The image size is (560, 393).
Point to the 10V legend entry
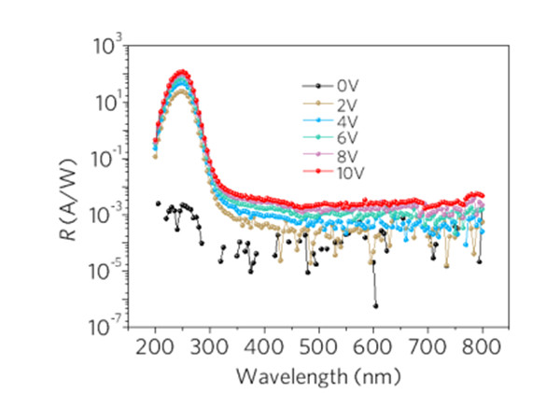(334, 172)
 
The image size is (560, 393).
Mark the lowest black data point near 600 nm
(376, 305)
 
